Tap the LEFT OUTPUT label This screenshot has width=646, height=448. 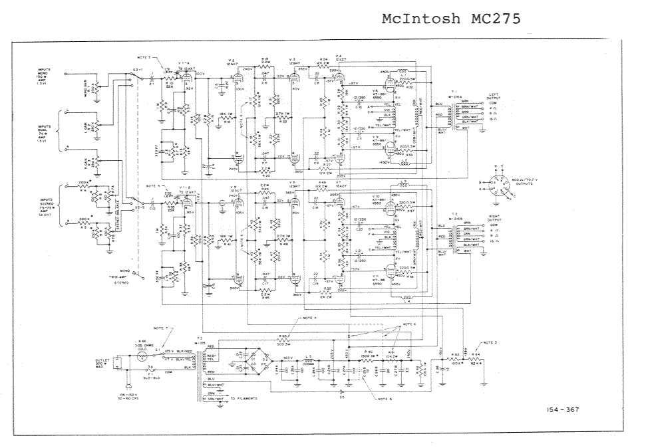pos(494,96)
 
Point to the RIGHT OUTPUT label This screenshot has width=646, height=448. pos(494,218)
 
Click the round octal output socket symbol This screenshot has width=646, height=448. pos(496,184)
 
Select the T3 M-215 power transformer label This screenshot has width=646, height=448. pos(200,340)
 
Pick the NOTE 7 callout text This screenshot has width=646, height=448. pos(163,328)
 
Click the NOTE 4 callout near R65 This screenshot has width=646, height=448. pos(311,318)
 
